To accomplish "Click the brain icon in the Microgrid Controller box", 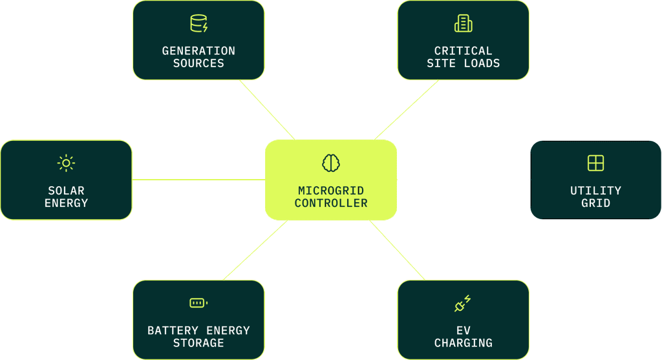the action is point(331,163).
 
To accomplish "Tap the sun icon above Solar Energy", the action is point(66,163).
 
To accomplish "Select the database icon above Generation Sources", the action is point(199,24).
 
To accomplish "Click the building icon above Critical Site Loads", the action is point(463,24).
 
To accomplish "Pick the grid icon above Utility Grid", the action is point(595,163).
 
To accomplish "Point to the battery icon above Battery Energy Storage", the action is point(198,302).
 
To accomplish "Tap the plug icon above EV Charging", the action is point(463,303).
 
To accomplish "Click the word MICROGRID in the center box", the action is point(331,191).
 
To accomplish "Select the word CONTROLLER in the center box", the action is point(331,204).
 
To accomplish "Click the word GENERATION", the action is point(198,51).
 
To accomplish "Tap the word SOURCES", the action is point(198,64).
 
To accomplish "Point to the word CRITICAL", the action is point(463,51).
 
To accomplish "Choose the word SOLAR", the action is point(67,191).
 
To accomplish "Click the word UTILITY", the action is point(595,191).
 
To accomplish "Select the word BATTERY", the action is point(173,330).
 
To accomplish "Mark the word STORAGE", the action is point(198,343).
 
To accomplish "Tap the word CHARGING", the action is point(463,343).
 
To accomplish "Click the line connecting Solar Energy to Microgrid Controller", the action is point(198,180).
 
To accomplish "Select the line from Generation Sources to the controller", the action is point(267,110).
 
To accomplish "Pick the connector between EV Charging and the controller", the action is point(397,250).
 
